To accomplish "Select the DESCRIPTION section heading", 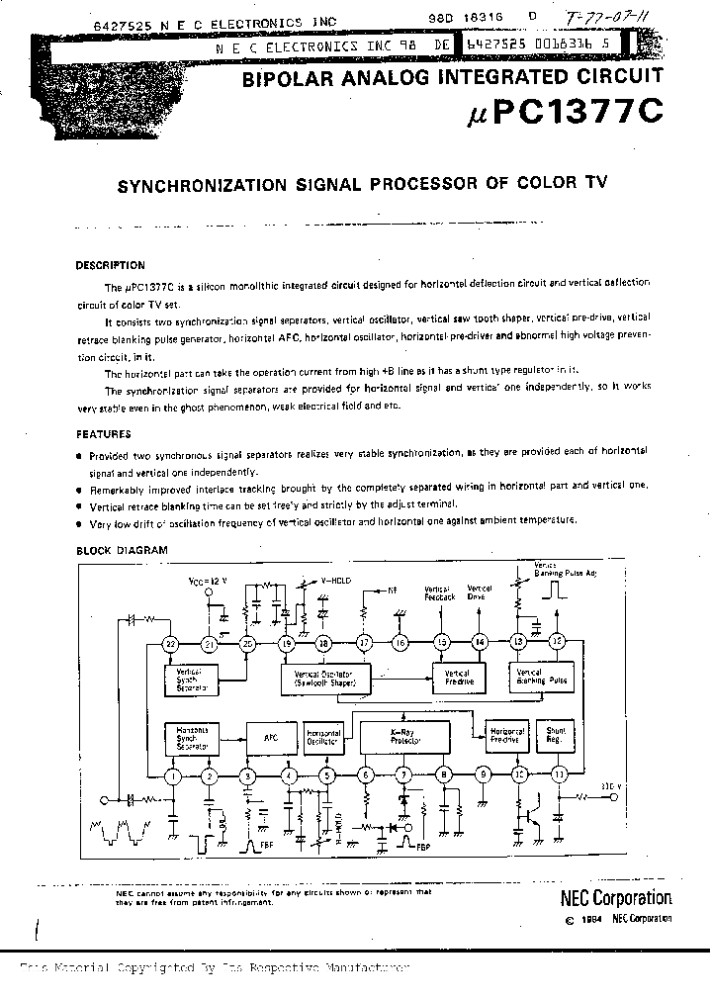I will click(110, 265).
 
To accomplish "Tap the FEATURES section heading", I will click(103, 433).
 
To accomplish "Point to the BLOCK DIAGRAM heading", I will click(122, 550).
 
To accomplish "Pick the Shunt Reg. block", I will click(556, 735).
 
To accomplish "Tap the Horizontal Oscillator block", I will click(322, 735).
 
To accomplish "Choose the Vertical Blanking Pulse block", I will click(542, 678).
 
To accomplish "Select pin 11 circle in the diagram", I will click(559, 774).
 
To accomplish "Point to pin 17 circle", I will click(364, 643).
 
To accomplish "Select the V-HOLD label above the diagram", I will click(336, 582).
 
